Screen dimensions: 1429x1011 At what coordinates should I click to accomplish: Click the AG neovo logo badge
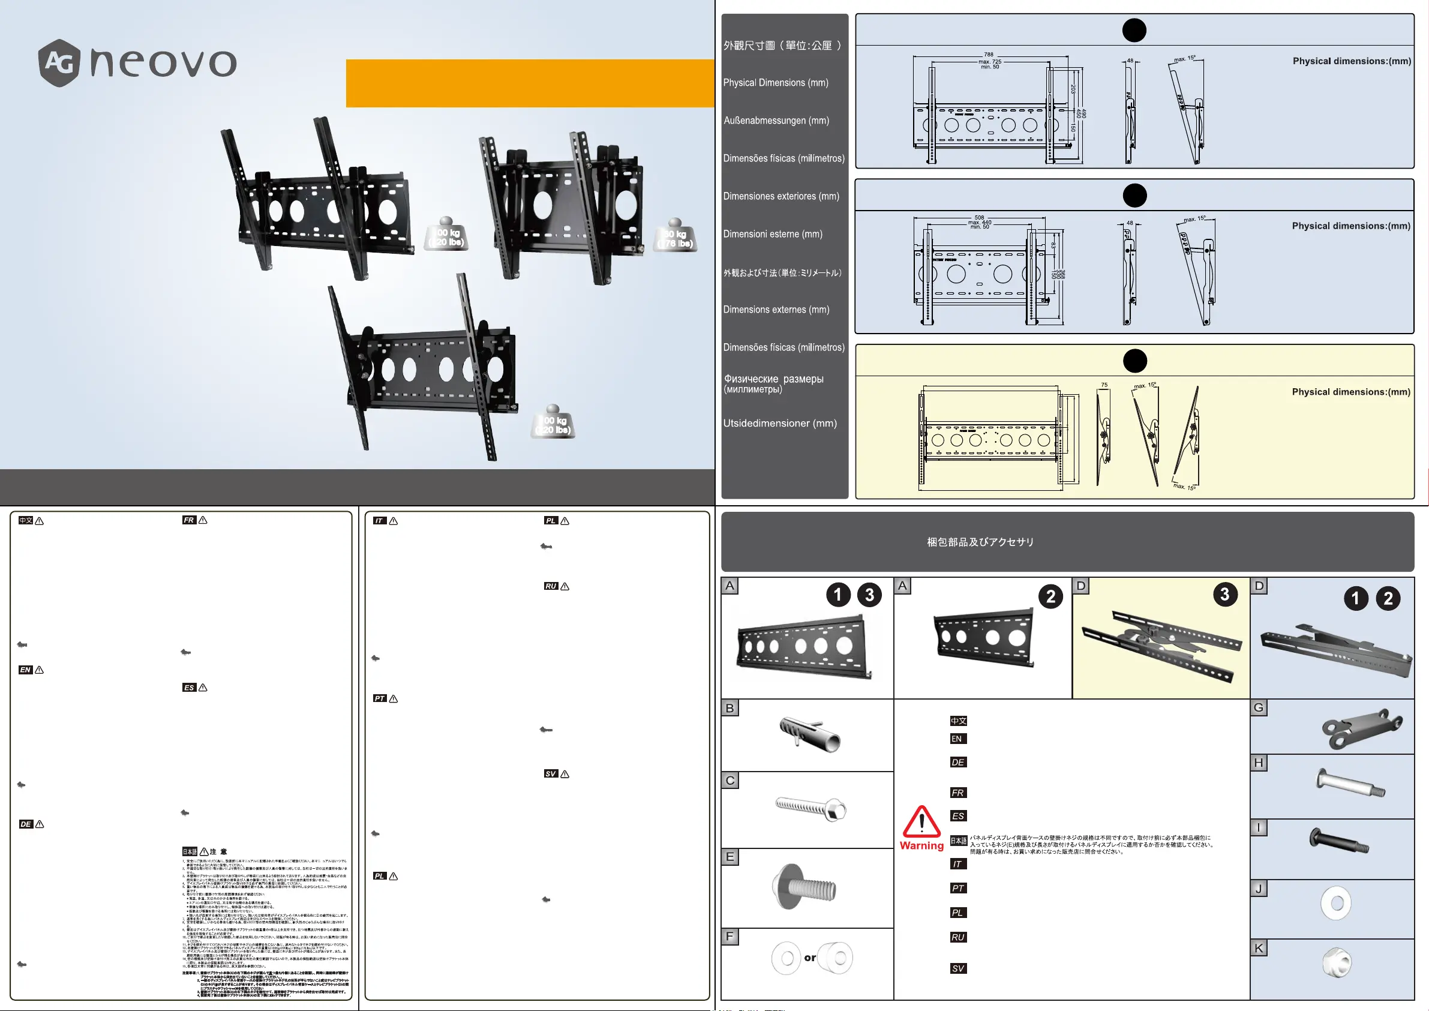point(59,62)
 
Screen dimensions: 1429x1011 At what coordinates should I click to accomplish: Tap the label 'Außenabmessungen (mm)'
point(776,121)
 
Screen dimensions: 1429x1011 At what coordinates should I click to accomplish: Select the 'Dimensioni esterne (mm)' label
point(772,234)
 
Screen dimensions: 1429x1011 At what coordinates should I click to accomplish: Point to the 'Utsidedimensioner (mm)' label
point(780,424)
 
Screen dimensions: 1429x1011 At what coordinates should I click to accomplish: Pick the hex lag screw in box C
point(810,808)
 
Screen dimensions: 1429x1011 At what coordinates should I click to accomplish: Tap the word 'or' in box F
point(810,958)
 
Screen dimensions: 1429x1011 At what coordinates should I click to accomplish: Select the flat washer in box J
point(1335,904)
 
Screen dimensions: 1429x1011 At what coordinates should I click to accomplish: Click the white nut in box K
point(1336,963)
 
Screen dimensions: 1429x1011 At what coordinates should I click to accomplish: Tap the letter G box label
point(1259,707)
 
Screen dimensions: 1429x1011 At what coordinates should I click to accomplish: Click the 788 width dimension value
point(988,55)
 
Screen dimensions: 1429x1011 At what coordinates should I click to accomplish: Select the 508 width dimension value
point(979,217)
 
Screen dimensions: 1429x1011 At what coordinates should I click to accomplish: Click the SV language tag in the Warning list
point(958,968)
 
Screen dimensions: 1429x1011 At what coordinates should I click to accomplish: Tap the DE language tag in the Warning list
point(958,762)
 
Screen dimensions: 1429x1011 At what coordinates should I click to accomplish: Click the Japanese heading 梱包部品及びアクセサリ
point(980,542)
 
